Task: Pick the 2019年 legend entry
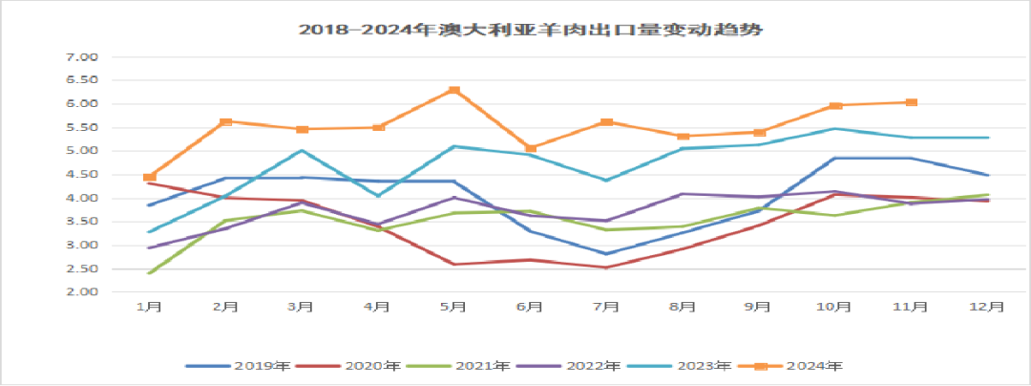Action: tap(239, 366)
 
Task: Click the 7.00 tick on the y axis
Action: tap(85, 57)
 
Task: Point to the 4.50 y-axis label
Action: tap(85, 175)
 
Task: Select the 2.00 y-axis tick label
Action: tap(85, 292)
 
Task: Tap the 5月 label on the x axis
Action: tap(453, 307)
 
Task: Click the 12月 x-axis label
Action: tap(987, 307)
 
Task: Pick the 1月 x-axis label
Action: tap(149, 307)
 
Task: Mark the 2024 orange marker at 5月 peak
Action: tap(454, 91)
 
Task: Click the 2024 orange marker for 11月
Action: tap(912, 102)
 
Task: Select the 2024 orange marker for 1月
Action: tap(149, 178)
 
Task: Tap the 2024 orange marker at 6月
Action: tap(531, 149)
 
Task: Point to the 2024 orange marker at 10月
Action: tap(835, 106)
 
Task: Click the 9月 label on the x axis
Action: tap(759, 307)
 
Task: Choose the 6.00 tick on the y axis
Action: tap(85, 104)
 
